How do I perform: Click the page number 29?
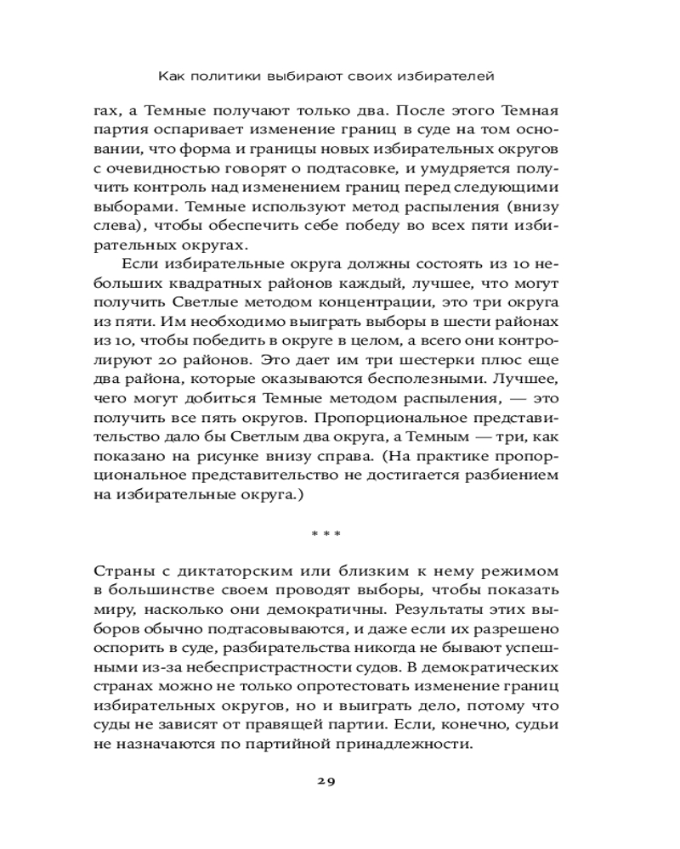(326, 783)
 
